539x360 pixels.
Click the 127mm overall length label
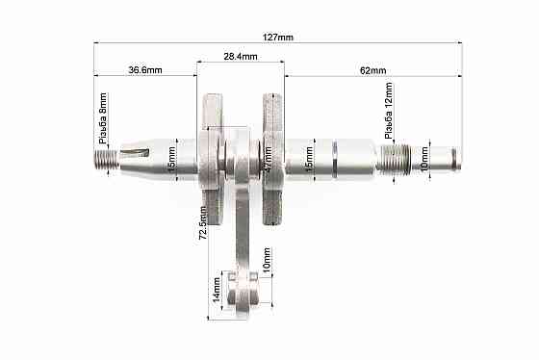point(277,37)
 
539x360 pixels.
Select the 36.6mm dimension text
point(144,70)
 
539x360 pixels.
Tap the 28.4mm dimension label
point(240,57)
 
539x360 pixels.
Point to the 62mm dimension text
point(372,70)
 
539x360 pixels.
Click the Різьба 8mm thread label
point(103,116)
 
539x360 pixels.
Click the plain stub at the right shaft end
point(445,155)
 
